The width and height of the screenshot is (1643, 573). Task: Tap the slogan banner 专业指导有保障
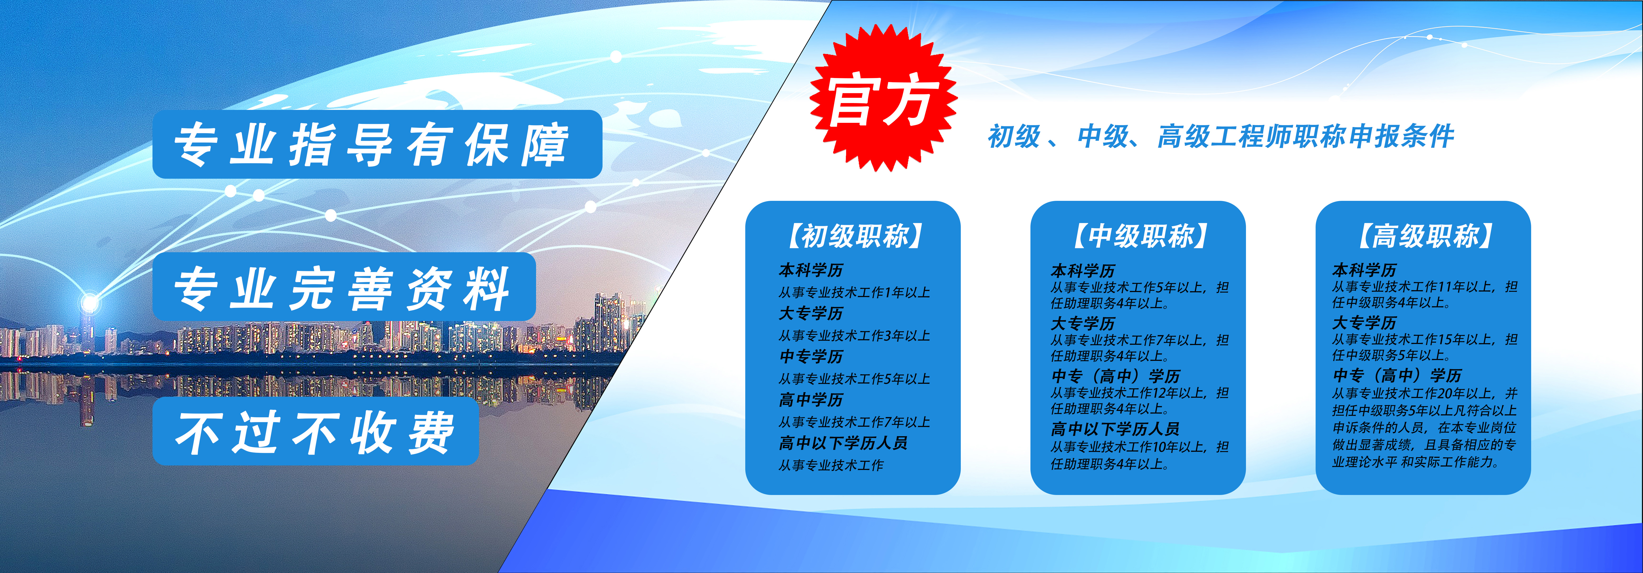[x=377, y=144]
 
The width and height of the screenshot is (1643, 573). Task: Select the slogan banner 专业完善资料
[x=344, y=287]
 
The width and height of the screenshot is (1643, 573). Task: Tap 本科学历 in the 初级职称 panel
[x=811, y=270]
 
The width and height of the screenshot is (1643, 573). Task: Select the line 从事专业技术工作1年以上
[x=854, y=293]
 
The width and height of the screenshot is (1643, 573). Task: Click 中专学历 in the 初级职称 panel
[x=811, y=356]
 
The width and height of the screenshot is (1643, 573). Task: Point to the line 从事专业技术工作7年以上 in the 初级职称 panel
[x=854, y=422]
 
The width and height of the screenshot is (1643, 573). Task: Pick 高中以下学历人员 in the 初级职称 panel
[x=843, y=443]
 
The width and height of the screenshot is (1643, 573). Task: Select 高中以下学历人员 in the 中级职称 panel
[x=1115, y=429]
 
